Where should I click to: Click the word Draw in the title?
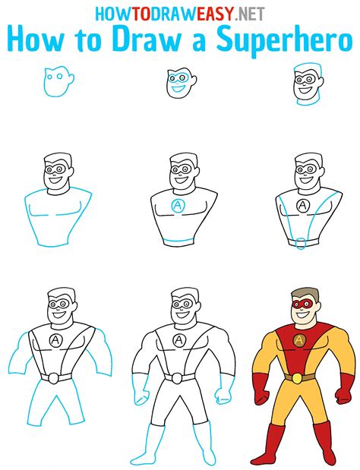tap(168, 39)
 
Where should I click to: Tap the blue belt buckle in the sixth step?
tap(302, 243)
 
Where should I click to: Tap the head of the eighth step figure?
tap(180, 306)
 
